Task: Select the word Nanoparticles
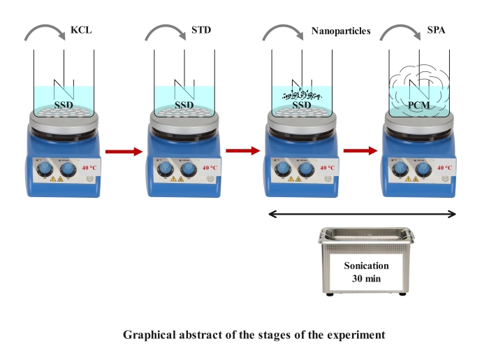(340, 31)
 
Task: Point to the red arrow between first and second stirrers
(123, 150)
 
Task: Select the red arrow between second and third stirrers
(242, 150)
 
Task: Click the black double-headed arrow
(363, 213)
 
